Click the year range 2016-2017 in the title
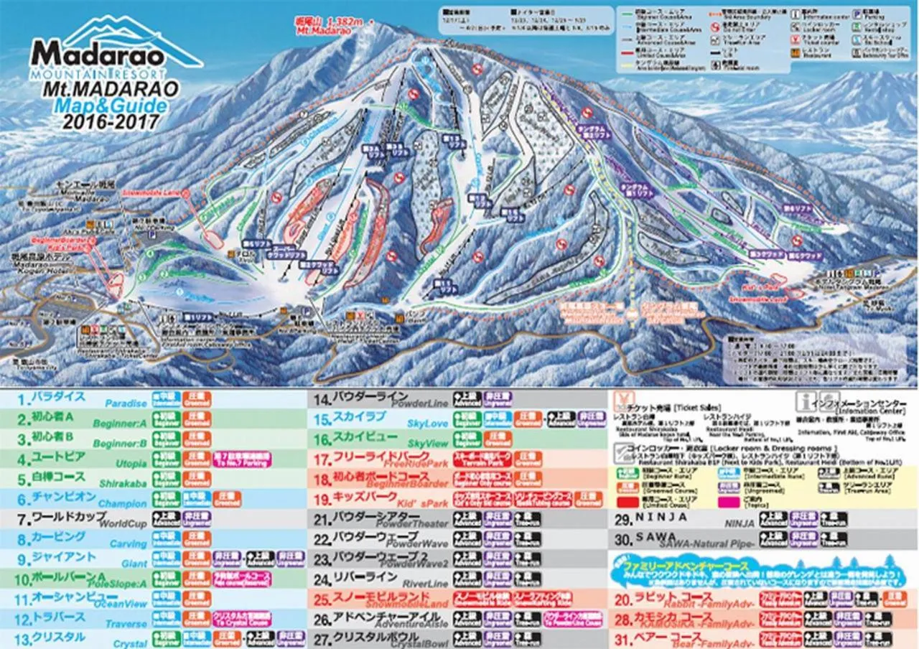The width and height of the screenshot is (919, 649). point(111,122)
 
